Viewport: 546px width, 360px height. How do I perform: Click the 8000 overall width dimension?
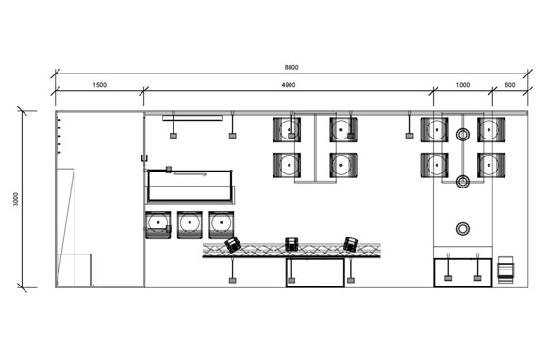[x=291, y=67]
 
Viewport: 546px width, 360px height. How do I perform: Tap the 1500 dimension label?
[x=100, y=85]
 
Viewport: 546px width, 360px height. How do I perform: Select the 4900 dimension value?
[x=289, y=85]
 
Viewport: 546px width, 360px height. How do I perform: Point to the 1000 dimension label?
[x=463, y=85]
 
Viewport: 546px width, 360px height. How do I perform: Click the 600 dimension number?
[x=510, y=85]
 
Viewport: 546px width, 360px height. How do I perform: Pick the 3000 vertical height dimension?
[x=16, y=199]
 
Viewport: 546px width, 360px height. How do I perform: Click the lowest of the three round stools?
[x=463, y=228]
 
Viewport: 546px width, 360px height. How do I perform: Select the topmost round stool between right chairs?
[x=463, y=134]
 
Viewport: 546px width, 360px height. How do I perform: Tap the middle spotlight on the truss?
[x=291, y=244]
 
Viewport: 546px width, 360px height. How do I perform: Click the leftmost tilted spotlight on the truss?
[x=233, y=244]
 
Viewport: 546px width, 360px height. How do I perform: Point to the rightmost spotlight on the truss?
[x=351, y=244]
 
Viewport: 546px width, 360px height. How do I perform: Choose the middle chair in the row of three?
[x=190, y=225]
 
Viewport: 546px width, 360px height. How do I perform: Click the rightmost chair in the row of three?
[x=222, y=225]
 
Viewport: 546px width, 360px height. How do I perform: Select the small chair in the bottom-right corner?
[x=505, y=270]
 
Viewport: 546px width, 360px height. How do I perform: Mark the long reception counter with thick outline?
[x=190, y=186]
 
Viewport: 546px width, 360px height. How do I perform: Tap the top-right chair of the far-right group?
[x=491, y=130]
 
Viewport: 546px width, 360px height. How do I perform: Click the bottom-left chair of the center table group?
[x=287, y=165]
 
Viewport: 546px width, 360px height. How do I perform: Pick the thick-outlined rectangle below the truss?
[x=315, y=272]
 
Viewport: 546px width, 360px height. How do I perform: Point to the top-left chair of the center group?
[x=287, y=130]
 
